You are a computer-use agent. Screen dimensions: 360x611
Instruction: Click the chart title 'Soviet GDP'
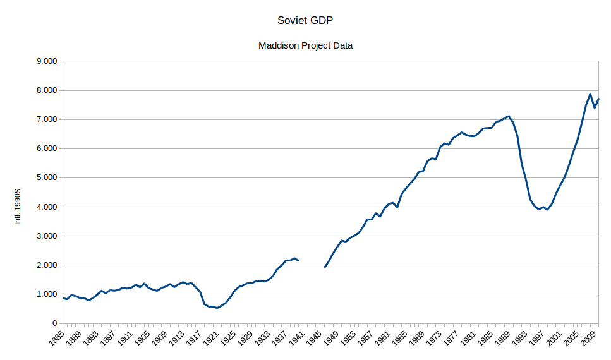click(x=305, y=21)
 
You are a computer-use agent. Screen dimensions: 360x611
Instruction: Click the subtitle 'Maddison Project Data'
click(x=305, y=45)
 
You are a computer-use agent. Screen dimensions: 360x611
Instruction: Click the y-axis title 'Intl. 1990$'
click(x=18, y=207)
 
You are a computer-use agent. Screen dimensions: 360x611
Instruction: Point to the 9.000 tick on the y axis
click(x=47, y=61)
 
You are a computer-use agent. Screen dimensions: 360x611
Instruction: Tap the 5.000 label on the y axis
click(x=47, y=177)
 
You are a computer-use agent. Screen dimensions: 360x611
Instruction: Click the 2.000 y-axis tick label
click(x=47, y=265)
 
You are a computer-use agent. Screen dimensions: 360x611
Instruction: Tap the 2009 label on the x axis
click(x=591, y=340)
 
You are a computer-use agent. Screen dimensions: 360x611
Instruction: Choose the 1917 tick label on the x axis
click(x=198, y=340)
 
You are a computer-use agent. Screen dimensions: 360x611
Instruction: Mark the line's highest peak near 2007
click(x=590, y=94)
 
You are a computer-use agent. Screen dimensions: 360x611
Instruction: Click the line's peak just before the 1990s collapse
click(x=509, y=116)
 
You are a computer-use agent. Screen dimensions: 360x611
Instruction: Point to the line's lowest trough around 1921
click(x=217, y=308)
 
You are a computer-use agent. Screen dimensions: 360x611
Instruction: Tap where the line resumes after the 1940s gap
click(x=325, y=267)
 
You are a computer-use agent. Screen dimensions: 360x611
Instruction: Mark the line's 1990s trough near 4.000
click(x=538, y=209)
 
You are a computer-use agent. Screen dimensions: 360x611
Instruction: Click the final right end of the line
click(x=598, y=99)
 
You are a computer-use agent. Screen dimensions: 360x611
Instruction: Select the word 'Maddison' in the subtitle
click(x=279, y=45)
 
